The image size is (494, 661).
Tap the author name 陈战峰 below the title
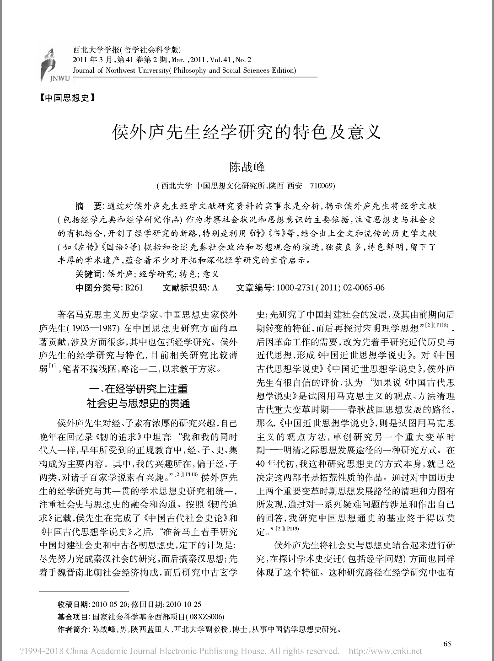pos(247,167)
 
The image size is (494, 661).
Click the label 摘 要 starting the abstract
pos(88,206)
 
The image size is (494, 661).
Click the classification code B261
pos(134,287)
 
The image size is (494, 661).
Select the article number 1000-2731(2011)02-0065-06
pos(328,287)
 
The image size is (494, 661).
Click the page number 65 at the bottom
pos(447,644)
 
